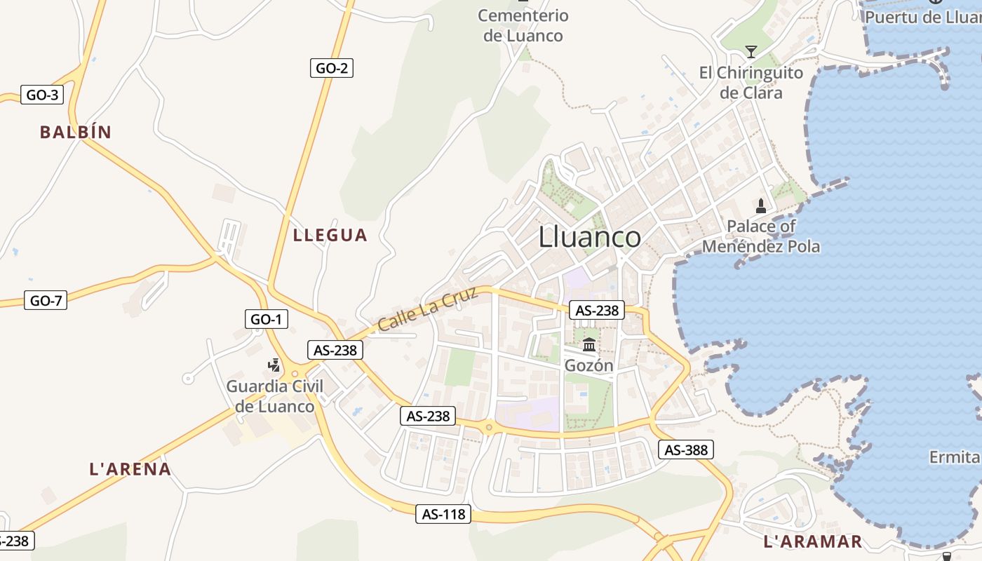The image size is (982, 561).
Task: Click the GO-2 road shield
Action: click(x=331, y=68)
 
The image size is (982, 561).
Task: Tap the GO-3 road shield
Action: click(x=42, y=95)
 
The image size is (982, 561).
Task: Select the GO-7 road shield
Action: click(x=46, y=301)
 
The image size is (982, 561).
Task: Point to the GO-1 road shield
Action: click(x=267, y=319)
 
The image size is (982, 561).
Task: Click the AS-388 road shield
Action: click(x=685, y=450)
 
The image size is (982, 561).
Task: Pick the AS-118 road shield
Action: click(x=443, y=514)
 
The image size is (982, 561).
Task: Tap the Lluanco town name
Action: click(x=589, y=237)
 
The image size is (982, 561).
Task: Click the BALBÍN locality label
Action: click(x=76, y=132)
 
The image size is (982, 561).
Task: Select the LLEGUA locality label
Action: click(x=330, y=235)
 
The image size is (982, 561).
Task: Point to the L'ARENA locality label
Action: click(x=130, y=469)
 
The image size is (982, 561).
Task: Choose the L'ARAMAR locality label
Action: click(x=812, y=541)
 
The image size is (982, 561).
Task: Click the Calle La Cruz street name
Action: click(x=427, y=309)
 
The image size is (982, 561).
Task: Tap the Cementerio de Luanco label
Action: click(x=523, y=25)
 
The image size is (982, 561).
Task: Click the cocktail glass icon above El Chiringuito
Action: click(x=751, y=52)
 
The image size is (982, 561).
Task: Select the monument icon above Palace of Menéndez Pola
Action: click(x=761, y=206)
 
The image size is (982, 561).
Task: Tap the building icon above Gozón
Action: click(x=589, y=345)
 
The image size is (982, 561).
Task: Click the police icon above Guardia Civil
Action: click(x=274, y=365)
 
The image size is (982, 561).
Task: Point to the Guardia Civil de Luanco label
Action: click(x=275, y=396)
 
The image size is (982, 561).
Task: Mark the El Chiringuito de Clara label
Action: click(x=751, y=83)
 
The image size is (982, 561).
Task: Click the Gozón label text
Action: click(x=589, y=365)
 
